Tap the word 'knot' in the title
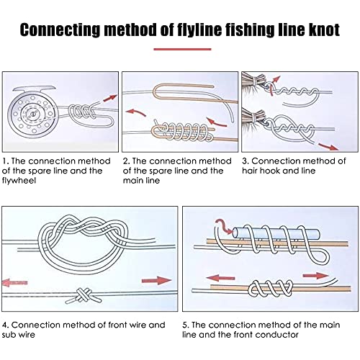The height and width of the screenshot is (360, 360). point(324,30)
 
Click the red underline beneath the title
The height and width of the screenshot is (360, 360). point(182,49)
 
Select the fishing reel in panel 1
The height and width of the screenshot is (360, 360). point(32,112)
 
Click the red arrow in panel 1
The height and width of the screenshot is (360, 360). point(110,98)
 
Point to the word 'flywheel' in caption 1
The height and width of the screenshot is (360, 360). point(19,180)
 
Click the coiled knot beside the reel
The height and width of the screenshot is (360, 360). point(82,112)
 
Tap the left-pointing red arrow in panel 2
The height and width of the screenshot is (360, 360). point(136,113)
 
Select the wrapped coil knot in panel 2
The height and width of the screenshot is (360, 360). point(182,131)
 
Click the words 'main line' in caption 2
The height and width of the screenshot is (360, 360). point(141,180)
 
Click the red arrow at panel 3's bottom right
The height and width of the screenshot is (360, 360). point(328,146)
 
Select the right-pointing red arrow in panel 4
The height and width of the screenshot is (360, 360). point(156,280)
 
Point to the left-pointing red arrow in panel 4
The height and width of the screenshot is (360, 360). point(15,282)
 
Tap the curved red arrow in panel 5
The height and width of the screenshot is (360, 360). point(224,225)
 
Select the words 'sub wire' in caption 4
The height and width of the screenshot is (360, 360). point(18,334)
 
